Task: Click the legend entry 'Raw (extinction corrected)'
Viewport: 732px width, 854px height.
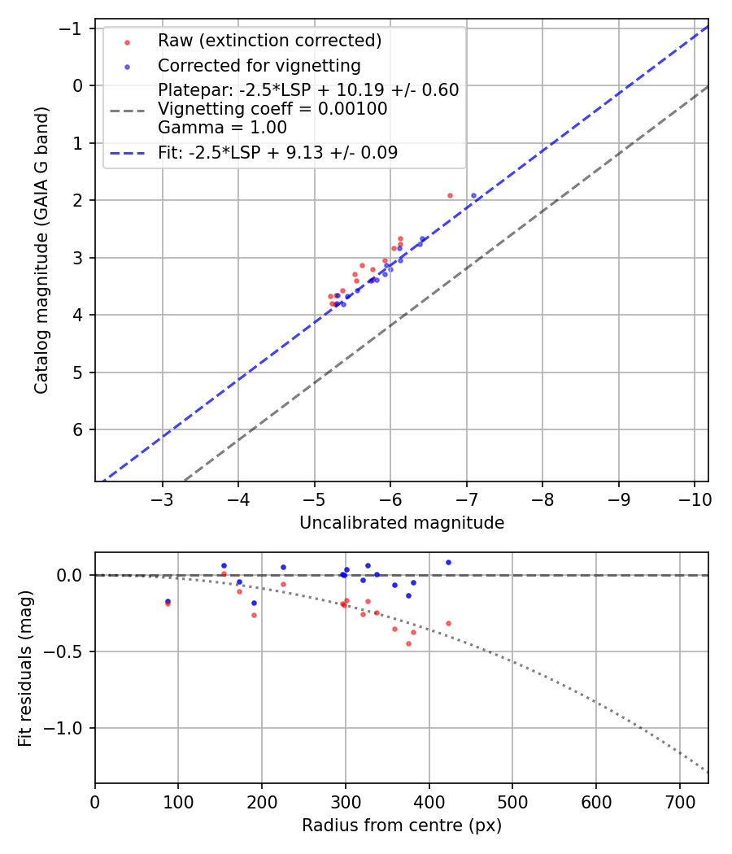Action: click(x=269, y=41)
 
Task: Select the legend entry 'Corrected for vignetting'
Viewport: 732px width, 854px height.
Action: click(x=259, y=65)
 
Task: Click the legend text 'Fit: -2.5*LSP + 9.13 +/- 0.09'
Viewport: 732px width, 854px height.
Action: click(x=277, y=152)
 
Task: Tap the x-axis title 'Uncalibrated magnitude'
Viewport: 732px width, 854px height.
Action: click(x=402, y=523)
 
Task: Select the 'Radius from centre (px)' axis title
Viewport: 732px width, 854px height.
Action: click(x=402, y=826)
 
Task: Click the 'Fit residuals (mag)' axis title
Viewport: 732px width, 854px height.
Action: click(x=25, y=668)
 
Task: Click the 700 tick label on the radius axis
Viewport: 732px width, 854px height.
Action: click(x=595, y=801)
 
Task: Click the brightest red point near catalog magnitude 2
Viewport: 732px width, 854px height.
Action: click(x=450, y=195)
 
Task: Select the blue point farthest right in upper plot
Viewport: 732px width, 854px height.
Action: click(x=473, y=195)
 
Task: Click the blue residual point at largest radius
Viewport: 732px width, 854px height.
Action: click(x=448, y=562)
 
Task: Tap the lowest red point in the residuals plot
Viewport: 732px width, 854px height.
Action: click(x=408, y=643)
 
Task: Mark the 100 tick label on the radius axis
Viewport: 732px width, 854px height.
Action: click(x=178, y=801)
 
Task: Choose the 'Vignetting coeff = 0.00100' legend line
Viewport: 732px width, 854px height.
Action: click(x=272, y=108)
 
